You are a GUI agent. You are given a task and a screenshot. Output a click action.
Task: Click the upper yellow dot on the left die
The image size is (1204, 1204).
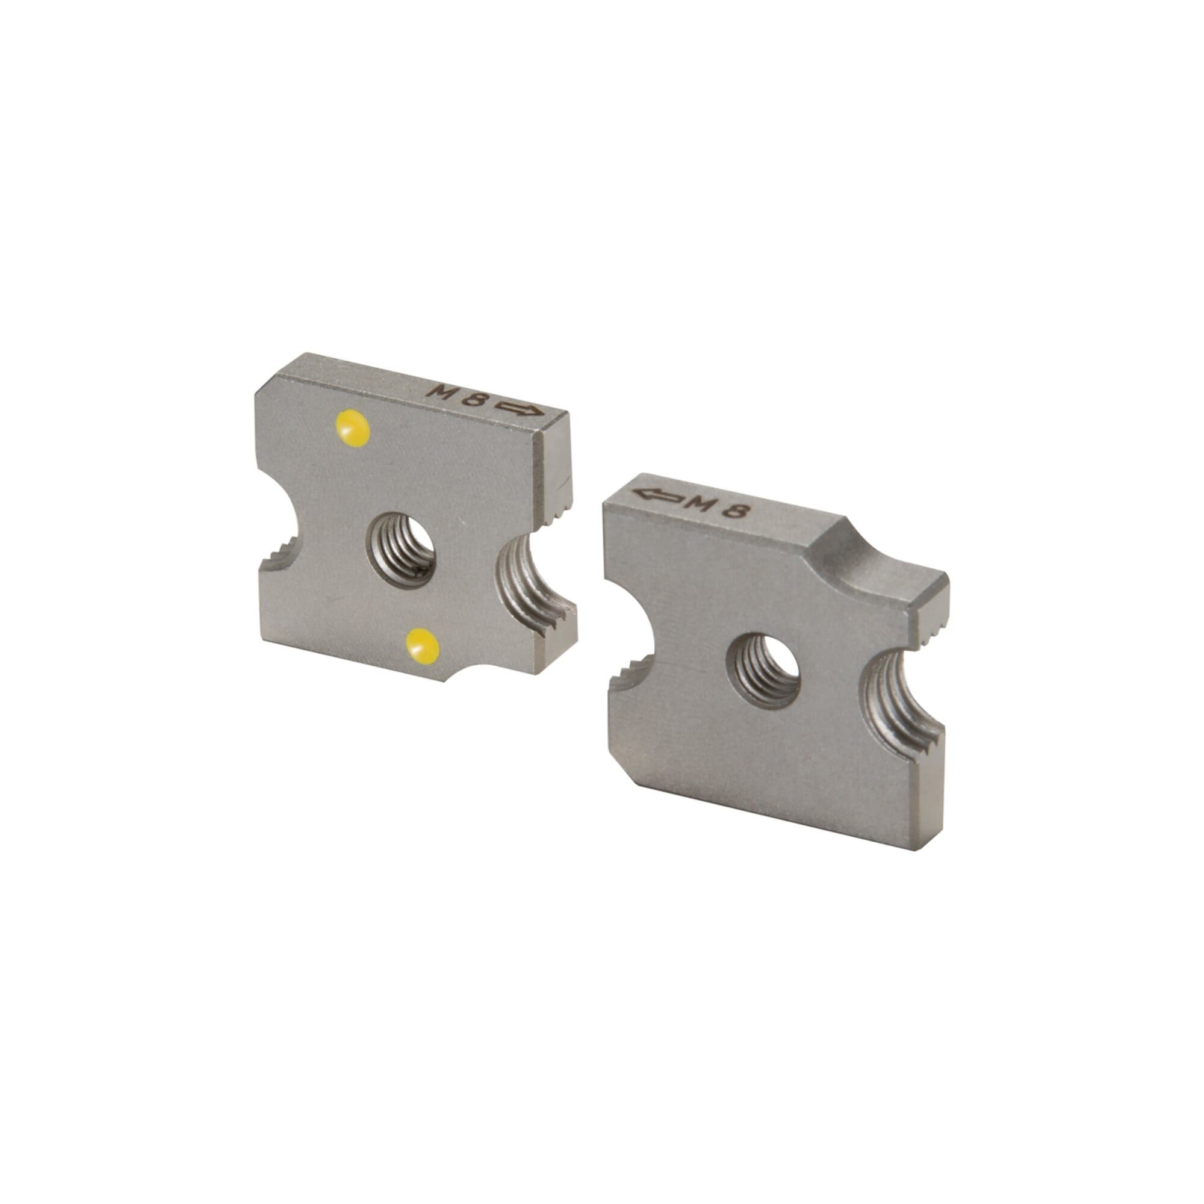[353, 428]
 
